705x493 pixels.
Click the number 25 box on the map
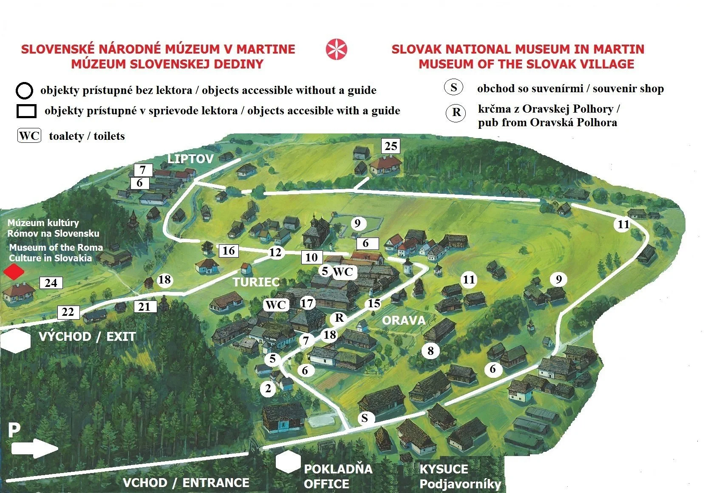click(391, 146)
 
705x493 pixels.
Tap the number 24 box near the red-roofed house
click(51, 283)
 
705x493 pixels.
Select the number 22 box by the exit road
click(68, 312)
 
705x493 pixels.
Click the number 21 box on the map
click(145, 306)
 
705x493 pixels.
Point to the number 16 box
click(229, 251)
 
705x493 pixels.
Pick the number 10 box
click(311, 257)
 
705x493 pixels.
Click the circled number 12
click(275, 252)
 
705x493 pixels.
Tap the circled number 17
click(307, 303)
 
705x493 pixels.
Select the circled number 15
click(374, 303)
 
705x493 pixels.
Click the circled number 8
click(430, 350)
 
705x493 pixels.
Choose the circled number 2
click(268, 388)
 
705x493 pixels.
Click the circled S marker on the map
click(365, 418)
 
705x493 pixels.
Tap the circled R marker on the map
click(339, 317)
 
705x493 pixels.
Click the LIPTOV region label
click(190, 159)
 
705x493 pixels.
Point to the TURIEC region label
click(256, 282)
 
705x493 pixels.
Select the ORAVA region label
click(404, 320)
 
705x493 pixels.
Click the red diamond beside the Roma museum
click(14, 272)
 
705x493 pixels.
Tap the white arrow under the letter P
click(34, 448)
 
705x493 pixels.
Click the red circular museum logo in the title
click(337, 49)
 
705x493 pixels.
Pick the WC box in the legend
click(29, 136)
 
